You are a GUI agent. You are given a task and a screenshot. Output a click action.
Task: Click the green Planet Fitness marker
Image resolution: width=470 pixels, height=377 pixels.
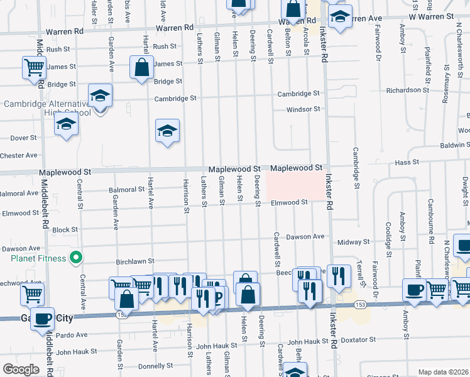pyautogui.click(x=75, y=257)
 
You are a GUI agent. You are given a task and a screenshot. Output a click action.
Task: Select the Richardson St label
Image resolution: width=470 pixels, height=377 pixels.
pyautogui.click(x=407, y=90)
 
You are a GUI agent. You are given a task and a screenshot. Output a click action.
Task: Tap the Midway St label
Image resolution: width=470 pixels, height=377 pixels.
pyautogui.click(x=353, y=242)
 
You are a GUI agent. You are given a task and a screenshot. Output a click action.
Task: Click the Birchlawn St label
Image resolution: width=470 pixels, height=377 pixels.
pyautogui.click(x=134, y=261)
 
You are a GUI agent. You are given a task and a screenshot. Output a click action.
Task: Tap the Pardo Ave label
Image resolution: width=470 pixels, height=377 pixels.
pyautogui.click(x=72, y=335)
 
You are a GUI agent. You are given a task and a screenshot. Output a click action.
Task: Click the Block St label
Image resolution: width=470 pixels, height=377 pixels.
pyautogui.click(x=65, y=230)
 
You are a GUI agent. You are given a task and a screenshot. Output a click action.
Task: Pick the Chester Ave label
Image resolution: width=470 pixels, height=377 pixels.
pyautogui.click(x=19, y=155)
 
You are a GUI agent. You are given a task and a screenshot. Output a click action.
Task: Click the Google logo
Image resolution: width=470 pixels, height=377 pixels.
pyautogui.click(x=21, y=369)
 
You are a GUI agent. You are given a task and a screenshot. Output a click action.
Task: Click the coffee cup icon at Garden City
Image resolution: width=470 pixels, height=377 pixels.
pyautogui.click(x=43, y=318)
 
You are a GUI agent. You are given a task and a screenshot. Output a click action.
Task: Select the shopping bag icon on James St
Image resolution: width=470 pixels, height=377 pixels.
pyautogui.click(x=142, y=67)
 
